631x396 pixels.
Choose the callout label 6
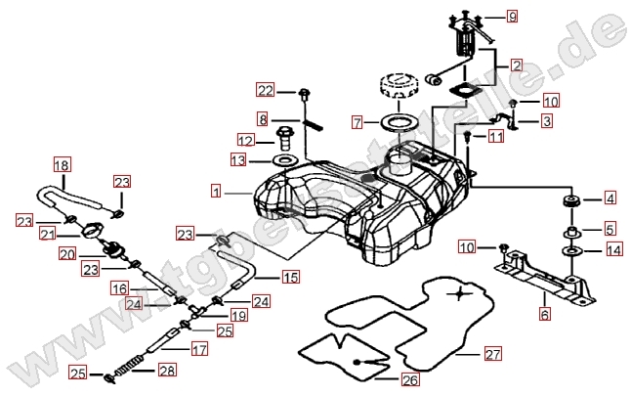544,314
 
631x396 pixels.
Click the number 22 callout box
266,91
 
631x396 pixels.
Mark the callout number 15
290,278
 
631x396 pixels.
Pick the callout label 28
166,371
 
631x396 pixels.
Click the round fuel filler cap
400,86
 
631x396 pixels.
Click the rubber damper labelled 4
569,201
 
